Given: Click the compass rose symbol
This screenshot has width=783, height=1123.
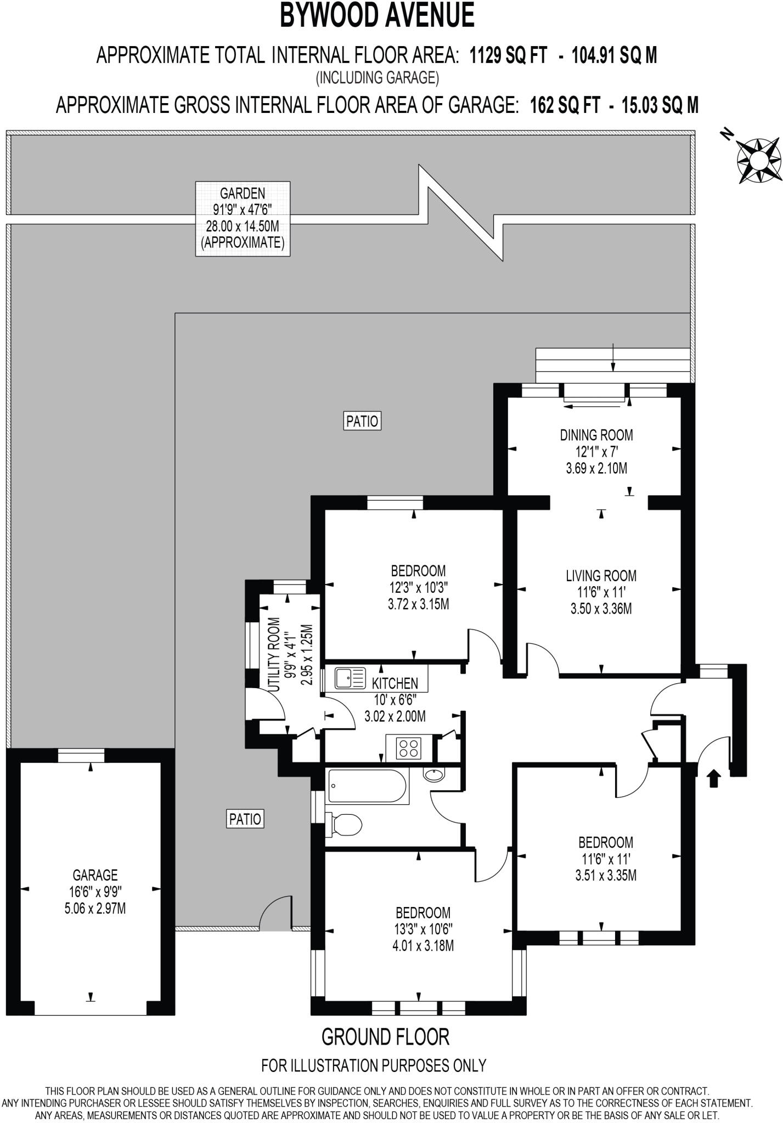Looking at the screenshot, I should tap(758, 160).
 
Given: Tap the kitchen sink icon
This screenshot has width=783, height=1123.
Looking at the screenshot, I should tap(350, 679).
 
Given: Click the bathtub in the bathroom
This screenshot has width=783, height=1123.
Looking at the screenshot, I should tap(367, 786).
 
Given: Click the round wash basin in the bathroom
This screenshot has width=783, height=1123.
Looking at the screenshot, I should tap(434, 775).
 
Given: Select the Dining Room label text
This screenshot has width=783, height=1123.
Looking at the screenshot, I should tap(596, 435).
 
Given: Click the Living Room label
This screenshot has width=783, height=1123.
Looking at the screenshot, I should tap(601, 576).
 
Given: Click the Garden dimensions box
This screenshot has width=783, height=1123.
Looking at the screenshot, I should tap(243, 218).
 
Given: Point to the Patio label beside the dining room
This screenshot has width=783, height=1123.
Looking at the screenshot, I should tap(362, 421).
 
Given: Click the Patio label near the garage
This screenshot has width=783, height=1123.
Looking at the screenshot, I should tap(245, 819).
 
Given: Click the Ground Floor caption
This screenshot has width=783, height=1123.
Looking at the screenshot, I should tap(385, 1037).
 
